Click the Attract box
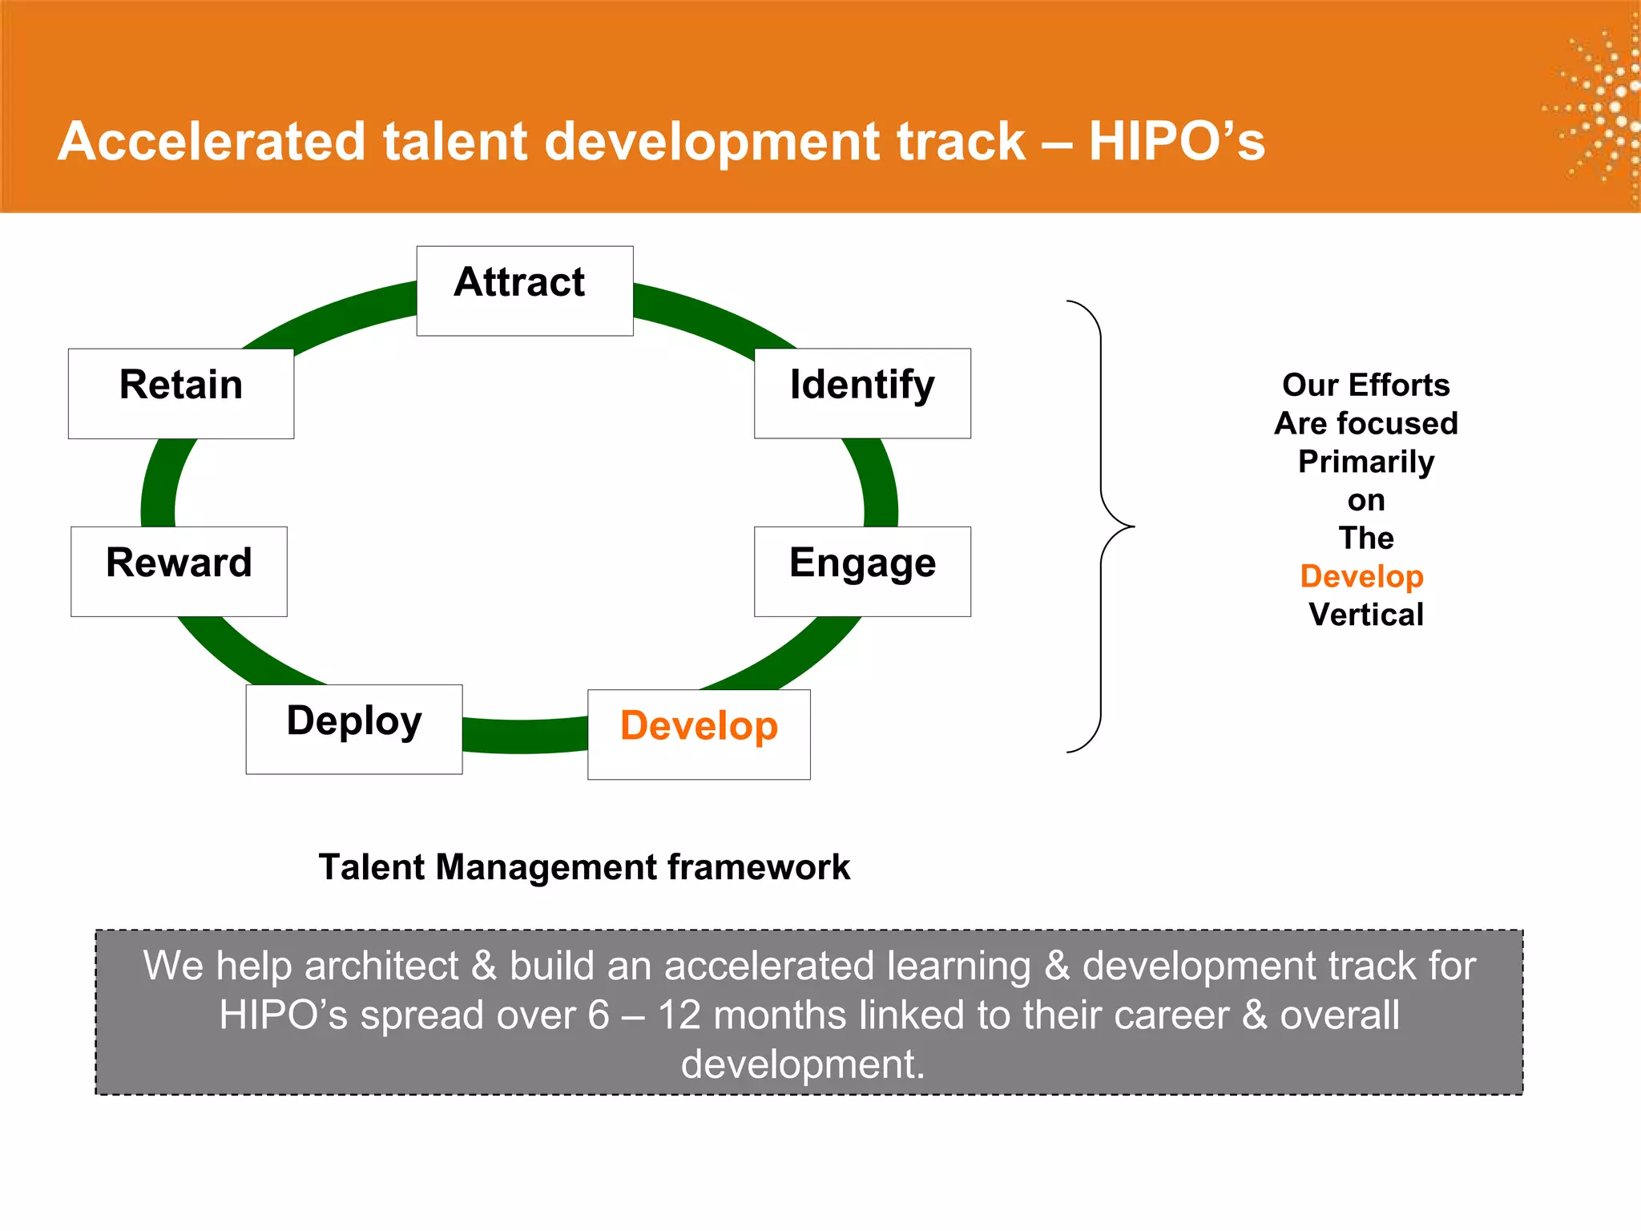(525, 290)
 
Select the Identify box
(862, 393)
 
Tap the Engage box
(862, 571)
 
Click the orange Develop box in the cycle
(699, 733)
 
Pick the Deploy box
(353, 729)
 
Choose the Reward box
(179, 571)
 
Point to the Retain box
(180, 393)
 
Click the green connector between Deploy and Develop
(525, 736)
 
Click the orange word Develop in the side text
(1361, 576)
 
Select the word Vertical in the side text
(1365, 615)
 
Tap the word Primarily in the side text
(1365, 462)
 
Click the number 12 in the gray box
(679, 1015)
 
